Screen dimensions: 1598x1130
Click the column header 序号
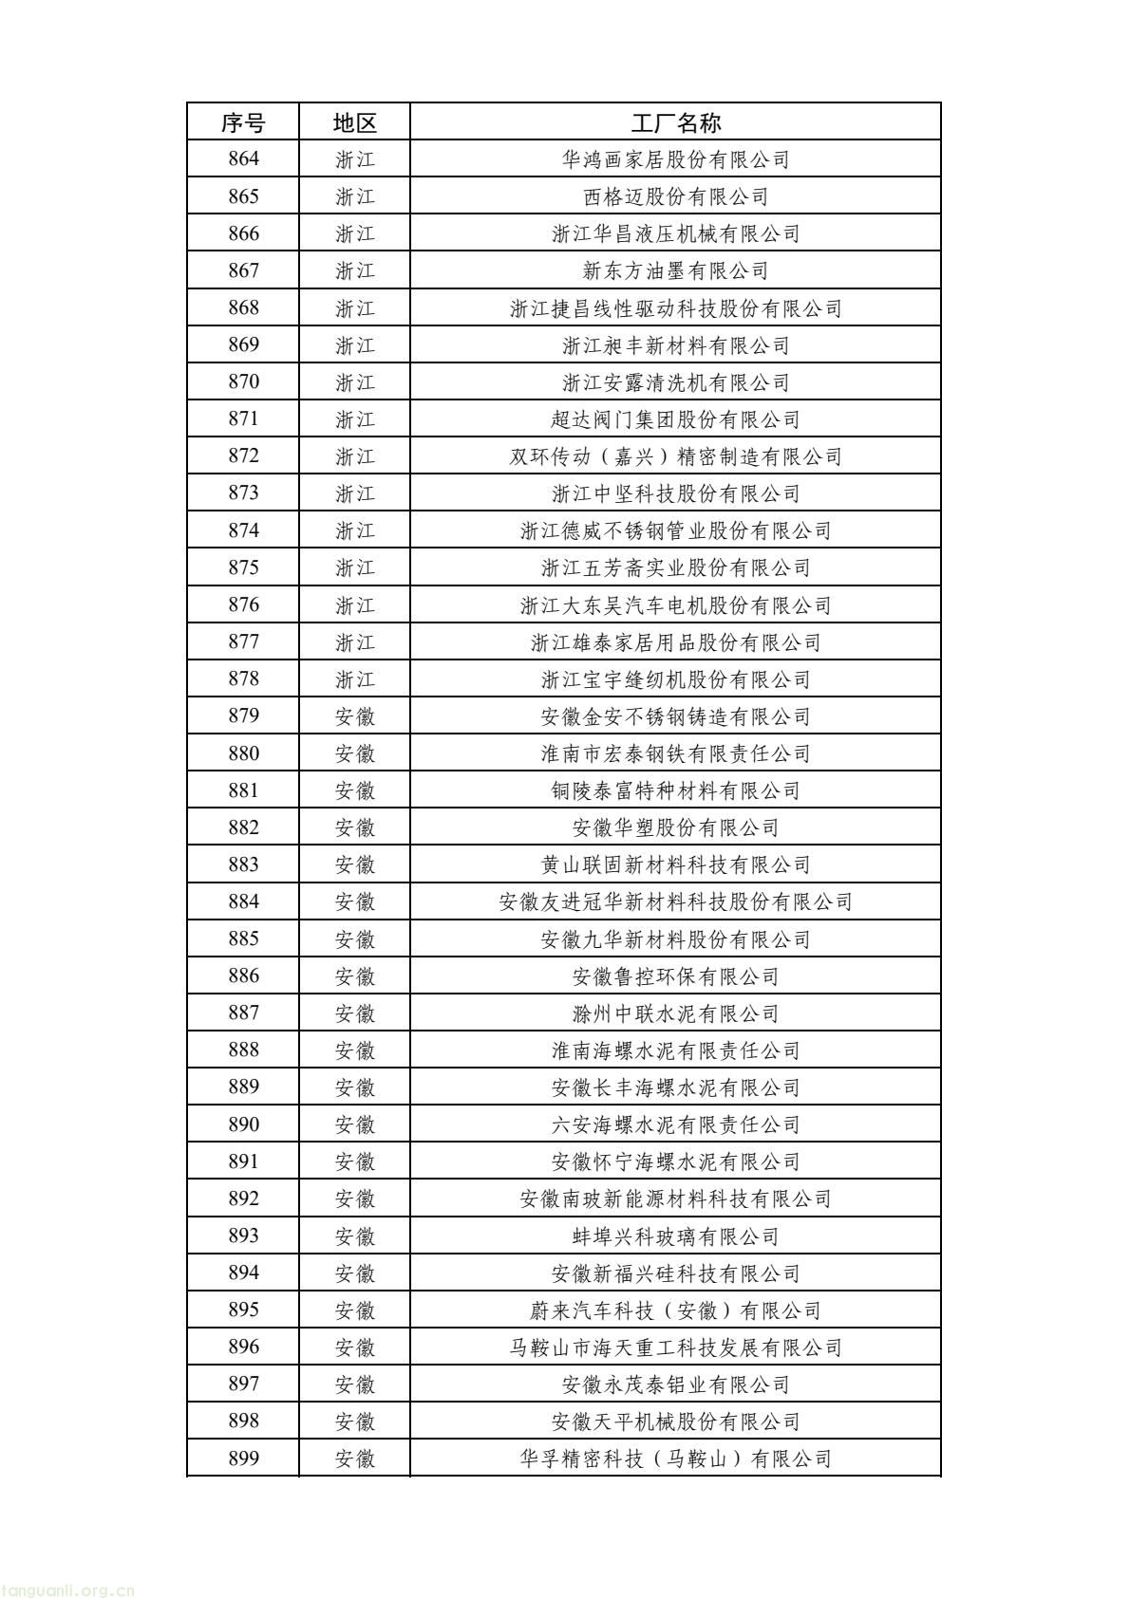pos(243,122)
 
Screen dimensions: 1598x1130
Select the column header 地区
pos(354,122)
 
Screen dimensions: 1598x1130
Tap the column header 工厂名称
pos(675,122)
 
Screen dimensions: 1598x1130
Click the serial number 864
pos(243,159)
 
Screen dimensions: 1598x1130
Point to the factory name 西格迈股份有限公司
pos(675,196)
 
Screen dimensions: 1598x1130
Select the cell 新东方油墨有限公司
pos(675,270)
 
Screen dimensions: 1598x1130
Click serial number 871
pos(243,418)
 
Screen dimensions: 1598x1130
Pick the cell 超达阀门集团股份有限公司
pos(675,418)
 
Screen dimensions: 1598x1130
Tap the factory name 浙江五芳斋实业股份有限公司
pos(675,567)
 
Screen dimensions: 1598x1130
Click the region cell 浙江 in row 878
pos(354,679)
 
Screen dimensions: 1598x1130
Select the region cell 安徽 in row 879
pos(354,716)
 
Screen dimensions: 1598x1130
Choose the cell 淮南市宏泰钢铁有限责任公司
pos(675,753)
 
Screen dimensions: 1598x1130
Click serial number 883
pos(243,864)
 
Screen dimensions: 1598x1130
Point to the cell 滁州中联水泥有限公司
pos(675,1013)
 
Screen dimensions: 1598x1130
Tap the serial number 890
pos(243,1124)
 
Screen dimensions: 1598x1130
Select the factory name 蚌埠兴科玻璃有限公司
pos(675,1236)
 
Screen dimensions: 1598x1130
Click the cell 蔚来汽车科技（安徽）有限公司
pos(675,1310)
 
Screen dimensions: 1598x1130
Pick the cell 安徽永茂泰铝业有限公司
pos(675,1384)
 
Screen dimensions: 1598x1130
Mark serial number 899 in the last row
pos(243,1459)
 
